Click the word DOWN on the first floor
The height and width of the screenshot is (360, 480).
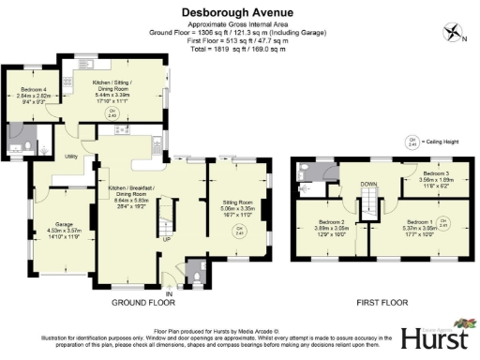click(x=368, y=185)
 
